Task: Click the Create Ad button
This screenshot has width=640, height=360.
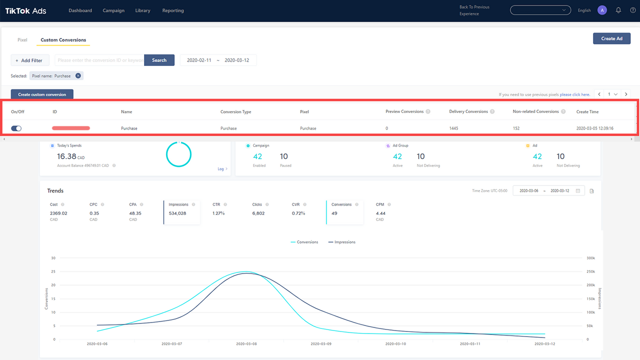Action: (611, 38)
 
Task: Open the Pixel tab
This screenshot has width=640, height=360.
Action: (22, 40)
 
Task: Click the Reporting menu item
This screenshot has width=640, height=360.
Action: (173, 10)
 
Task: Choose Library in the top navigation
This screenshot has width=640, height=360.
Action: (142, 10)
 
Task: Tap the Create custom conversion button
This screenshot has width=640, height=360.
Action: (42, 94)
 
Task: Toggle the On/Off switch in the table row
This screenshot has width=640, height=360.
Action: (16, 128)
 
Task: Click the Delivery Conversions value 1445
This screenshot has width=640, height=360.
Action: (453, 128)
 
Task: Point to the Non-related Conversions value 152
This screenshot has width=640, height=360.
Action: (516, 128)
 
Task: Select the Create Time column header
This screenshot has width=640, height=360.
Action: (587, 111)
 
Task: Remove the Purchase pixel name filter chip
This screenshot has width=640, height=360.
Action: (78, 76)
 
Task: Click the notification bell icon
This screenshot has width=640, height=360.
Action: (618, 10)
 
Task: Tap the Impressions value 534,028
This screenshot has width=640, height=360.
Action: (177, 213)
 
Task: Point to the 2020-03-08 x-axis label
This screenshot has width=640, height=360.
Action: (246, 344)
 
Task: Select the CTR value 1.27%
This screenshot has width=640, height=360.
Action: (218, 213)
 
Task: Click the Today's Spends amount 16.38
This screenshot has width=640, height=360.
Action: (66, 156)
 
